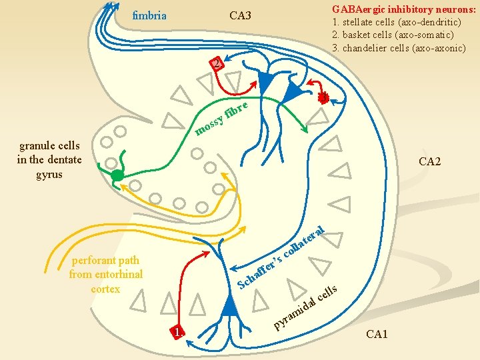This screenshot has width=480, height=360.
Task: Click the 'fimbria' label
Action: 149,15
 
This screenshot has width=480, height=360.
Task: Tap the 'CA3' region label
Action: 240,15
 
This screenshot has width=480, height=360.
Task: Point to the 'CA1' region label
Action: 377,333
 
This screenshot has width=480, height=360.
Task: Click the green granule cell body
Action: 117,176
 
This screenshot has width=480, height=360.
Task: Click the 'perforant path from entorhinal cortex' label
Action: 105,274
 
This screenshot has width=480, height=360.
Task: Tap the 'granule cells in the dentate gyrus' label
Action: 49,160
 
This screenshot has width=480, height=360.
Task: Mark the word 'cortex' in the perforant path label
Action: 105,289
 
